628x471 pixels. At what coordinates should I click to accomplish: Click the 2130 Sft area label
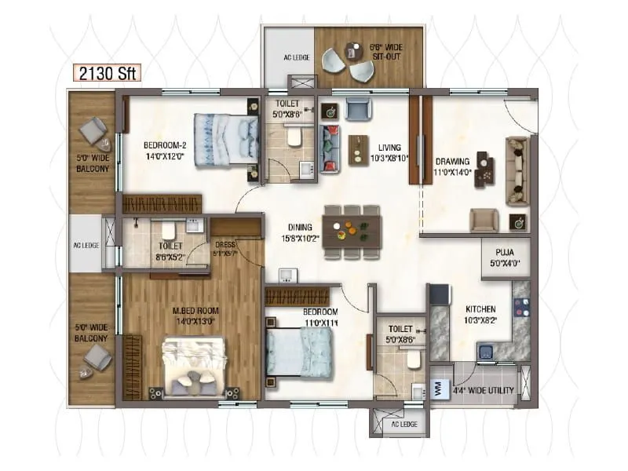click(x=107, y=74)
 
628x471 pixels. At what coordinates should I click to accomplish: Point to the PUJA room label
click(x=504, y=257)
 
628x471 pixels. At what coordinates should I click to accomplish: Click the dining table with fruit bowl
click(x=351, y=231)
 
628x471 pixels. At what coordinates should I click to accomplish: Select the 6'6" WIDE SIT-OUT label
click(x=386, y=53)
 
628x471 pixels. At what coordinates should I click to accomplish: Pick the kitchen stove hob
click(x=520, y=306)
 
